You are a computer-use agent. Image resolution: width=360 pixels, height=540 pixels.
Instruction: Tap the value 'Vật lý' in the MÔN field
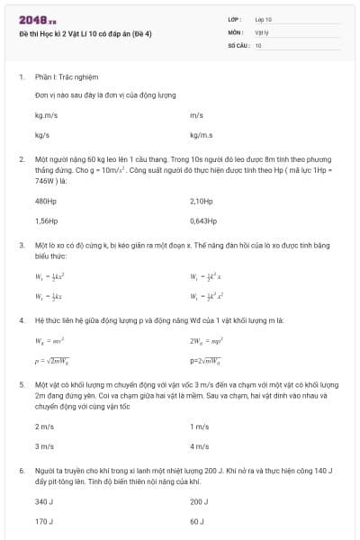tap(262, 31)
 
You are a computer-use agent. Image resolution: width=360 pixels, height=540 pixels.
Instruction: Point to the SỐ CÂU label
tap(238, 43)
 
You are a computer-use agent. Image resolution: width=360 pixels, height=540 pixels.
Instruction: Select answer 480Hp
tap(45, 201)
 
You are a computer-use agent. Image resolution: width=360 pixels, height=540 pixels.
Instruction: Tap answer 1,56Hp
tap(46, 220)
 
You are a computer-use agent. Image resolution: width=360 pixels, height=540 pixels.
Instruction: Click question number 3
tap(21, 245)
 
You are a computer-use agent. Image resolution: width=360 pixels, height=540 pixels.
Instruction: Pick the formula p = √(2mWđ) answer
tap(51, 361)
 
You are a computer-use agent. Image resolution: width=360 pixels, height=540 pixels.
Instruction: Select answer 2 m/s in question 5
tap(44, 426)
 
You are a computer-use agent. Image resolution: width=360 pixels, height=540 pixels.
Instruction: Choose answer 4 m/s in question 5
tap(199, 445)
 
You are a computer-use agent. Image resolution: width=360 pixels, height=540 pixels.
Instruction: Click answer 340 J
tap(44, 501)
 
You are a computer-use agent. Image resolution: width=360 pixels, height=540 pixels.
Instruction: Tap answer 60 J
tap(197, 521)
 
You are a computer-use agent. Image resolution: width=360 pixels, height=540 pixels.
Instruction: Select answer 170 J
tap(44, 521)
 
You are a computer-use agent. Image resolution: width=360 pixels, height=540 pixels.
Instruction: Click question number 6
tap(21, 470)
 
